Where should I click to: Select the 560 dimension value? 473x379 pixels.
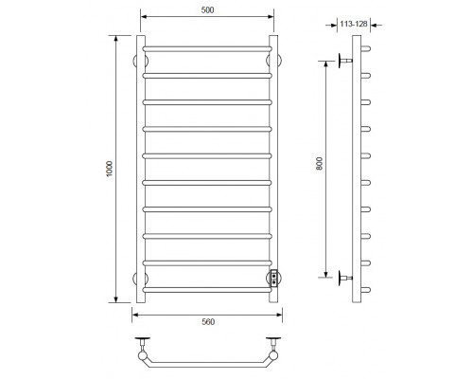tap(207, 322)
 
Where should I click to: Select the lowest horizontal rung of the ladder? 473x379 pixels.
tap(207, 288)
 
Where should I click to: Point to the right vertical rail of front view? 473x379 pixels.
tap(274, 171)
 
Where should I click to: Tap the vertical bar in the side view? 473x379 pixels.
tap(357, 171)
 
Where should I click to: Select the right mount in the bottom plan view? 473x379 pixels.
tap(273, 344)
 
